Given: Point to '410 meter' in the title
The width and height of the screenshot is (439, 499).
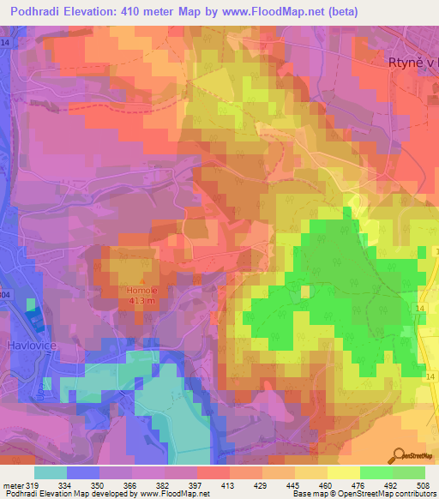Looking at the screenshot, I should pyautogui.click(x=145, y=11).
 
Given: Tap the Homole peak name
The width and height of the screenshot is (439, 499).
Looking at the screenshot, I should pyautogui.click(x=141, y=291).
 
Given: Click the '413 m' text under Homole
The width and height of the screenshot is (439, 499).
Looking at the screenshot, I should pyautogui.click(x=141, y=301).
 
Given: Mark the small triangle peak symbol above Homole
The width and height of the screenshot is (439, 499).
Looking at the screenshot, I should pyautogui.click(x=141, y=280).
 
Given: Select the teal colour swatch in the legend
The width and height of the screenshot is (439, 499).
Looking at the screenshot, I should pyautogui.click(x=51, y=472).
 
